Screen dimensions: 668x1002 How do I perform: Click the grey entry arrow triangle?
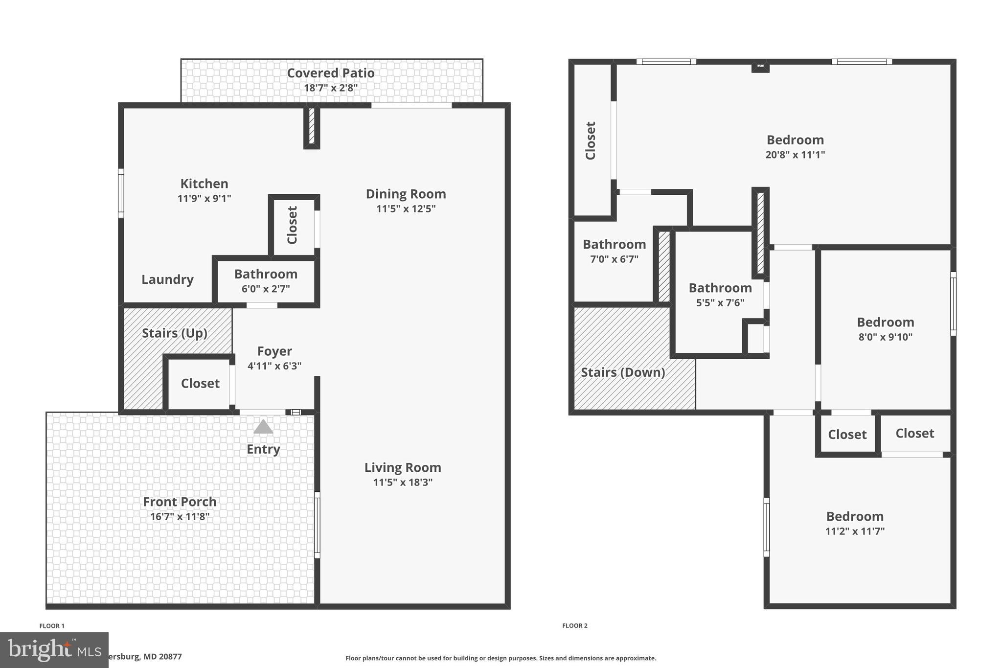pos(263,427)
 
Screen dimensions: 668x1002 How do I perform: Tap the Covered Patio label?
pos(331,73)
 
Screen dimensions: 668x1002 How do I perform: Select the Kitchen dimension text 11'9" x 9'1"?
pos(204,198)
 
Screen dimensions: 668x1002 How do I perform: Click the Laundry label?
pos(167,279)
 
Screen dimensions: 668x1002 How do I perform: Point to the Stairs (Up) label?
pos(175,333)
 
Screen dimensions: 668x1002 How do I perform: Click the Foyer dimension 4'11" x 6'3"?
pos(274,366)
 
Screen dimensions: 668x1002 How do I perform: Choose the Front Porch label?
pos(180,502)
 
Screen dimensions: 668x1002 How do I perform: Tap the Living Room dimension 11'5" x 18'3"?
pos(403,482)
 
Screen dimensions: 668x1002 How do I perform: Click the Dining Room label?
pos(406,194)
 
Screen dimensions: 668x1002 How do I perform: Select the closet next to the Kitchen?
pos(293,225)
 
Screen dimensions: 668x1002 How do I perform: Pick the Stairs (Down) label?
pos(623,372)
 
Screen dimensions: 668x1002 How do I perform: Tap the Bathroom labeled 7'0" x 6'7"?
pos(614,251)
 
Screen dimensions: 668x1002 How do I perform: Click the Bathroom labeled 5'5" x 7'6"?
pos(720,295)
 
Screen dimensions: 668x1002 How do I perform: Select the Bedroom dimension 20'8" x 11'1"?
pos(795,155)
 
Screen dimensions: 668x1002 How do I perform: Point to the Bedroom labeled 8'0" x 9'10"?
pos(885,329)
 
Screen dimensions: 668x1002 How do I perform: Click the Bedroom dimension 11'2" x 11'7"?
pos(855,531)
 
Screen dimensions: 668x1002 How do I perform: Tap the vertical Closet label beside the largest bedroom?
pos(591,140)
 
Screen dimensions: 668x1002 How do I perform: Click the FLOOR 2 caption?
pos(575,625)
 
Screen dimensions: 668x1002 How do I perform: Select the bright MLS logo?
pos(54,649)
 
